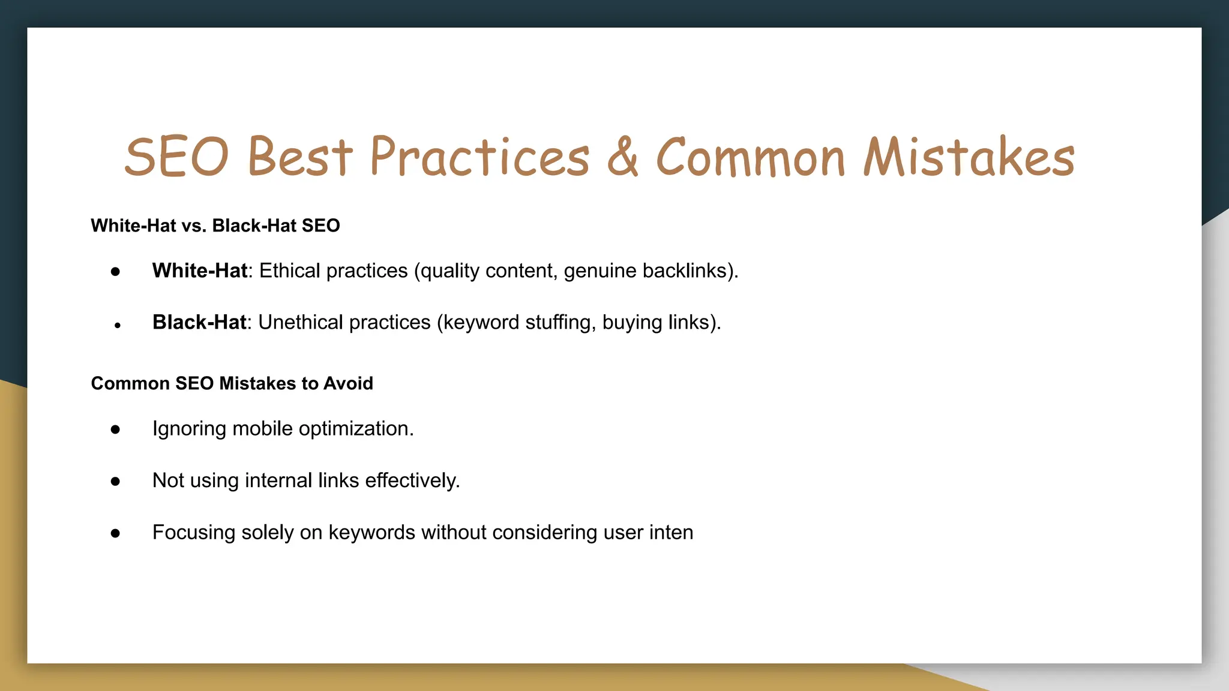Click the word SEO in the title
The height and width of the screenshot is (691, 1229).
pyautogui.click(x=176, y=157)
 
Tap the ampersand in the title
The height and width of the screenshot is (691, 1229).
pyautogui.click(x=622, y=157)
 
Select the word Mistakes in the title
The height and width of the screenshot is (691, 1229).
pyautogui.click(x=969, y=157)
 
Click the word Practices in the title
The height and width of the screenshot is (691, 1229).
pyautogui.click(x=479, y=157)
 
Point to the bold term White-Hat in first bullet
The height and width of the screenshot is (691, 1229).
pyautogui.click(x=199, y=271)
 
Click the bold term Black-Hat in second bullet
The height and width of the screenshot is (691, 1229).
pyautogui.click(x=199, y=323)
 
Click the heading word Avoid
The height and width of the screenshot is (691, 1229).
pyautogui.click(x=348, y=383)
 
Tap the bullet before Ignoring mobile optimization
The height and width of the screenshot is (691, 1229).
pyautogui.click(x=115, y=429)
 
